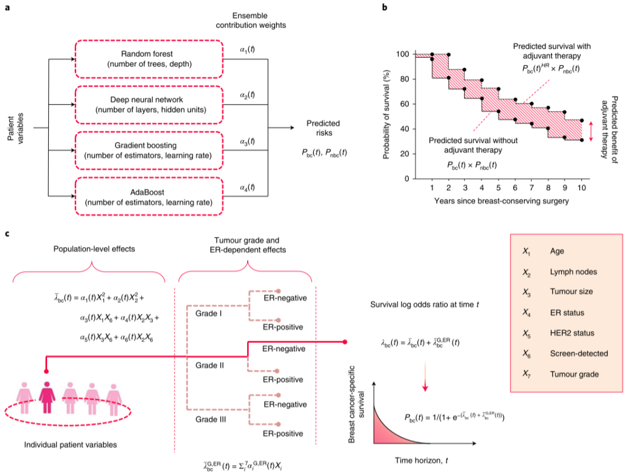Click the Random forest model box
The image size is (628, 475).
point(149,59)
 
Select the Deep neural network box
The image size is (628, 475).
point(149,105)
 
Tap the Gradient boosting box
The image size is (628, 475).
point(149,150)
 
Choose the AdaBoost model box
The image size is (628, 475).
point(149,197)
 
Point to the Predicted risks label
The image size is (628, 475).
point(323,128)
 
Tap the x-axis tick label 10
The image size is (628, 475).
point(581,187)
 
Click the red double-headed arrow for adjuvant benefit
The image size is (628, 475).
point(591,131)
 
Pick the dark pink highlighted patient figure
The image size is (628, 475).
point(47,397)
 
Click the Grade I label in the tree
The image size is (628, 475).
point(209,313)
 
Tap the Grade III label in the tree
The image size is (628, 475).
point(210,419)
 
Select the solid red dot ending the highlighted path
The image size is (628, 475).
point(345,342)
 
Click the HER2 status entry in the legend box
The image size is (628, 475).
point(572,333)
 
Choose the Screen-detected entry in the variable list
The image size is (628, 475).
point(579,353)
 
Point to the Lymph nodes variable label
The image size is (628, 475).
point(573,272)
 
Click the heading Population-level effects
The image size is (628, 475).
point(94,249)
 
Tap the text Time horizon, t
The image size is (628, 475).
point(422,460)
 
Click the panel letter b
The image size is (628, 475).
point(384,7)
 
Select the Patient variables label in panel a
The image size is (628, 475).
point(16,128)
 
